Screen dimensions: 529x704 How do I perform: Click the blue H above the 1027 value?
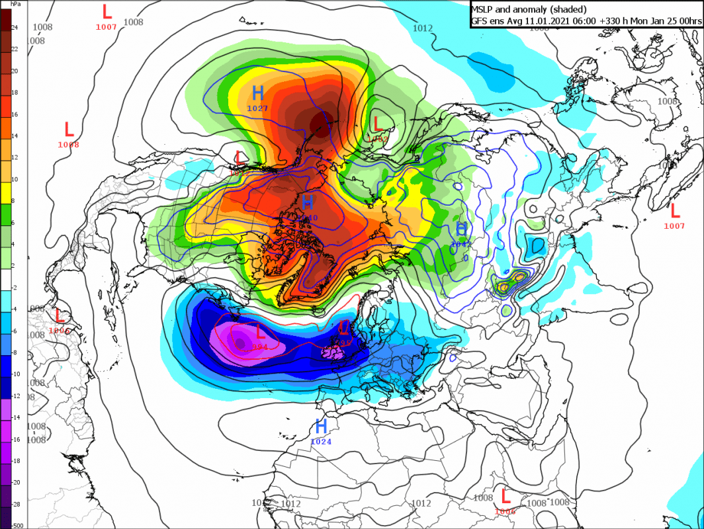[x=258, y=93]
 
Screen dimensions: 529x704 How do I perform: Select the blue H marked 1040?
[x=308, y=202]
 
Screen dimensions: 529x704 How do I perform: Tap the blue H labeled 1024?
[x=322, y=426]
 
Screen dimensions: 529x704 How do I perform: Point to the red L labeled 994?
[x=260, y=333]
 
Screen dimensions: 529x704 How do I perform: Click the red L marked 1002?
[x=378, y=124]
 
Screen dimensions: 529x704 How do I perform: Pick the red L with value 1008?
[x=68, y=129]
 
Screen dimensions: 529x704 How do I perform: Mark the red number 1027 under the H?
[x=258, y=108]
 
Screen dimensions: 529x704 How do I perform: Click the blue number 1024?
[x=321, y=442]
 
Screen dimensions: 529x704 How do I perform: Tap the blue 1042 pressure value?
[x=461, y=244]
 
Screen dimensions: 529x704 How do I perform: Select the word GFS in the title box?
[x=480, y=21]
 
